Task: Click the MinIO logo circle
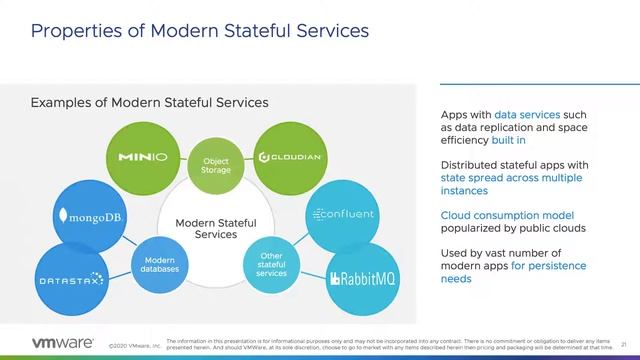click(x=142, y=157)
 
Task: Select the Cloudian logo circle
click(x=289, y=157)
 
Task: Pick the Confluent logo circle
click(x=344, y=214)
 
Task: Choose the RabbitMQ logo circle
click(x=363, y=279)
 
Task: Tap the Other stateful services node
click(x=271, y=265)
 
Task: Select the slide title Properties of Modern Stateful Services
click(x=200, y=31)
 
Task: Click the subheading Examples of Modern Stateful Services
click(x=149, y=102)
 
